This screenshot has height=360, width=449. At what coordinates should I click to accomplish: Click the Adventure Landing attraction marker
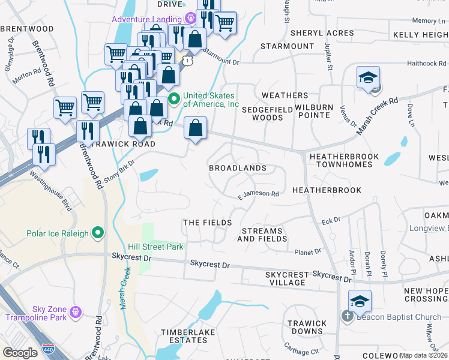[191, 18]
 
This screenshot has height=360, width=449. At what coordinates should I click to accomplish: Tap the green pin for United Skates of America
[174, 99]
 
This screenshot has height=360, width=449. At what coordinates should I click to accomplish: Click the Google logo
[20, 352]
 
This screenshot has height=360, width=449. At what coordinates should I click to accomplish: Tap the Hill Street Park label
[155, 247]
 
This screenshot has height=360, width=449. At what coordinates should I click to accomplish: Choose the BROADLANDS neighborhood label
[237, 169]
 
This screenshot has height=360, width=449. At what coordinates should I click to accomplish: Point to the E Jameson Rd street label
[259, 194]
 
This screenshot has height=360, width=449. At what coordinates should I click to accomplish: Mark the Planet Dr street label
[307, 251]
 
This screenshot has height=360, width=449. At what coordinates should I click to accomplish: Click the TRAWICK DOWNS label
[307, 328]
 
